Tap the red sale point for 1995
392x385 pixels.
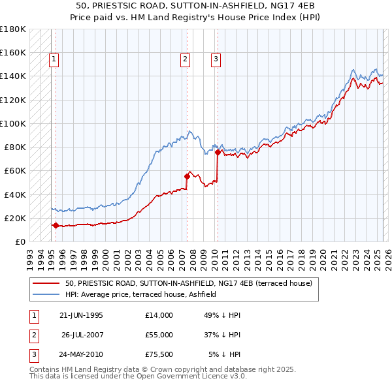pos(56,225)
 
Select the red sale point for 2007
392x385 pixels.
pos(187,176)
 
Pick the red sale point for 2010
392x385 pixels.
pos(218,152)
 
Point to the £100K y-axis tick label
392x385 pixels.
pos(12,123)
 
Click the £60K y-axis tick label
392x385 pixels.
pos(14,171)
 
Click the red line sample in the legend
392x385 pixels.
pos(46,283)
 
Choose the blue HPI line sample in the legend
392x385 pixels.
pos(46,294)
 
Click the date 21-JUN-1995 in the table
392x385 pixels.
pos(81,315)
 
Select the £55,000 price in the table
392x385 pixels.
pos(159,335)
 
